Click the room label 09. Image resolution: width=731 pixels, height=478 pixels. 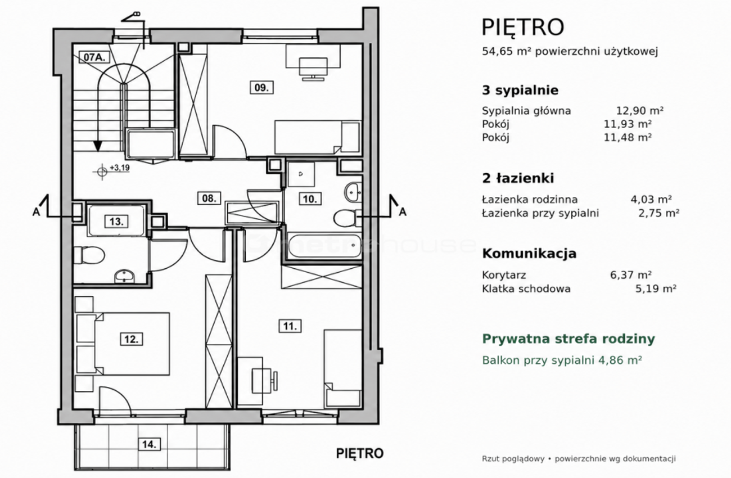[261, 87]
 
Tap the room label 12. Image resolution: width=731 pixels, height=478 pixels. [132, 339]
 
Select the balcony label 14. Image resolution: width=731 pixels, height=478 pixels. [149, 444]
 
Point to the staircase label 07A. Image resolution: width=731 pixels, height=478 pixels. [94, 57]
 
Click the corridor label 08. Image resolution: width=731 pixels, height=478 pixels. [209, 198]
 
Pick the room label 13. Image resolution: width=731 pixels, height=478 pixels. [116, 222]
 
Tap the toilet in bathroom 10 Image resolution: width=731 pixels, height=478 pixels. [347, 218]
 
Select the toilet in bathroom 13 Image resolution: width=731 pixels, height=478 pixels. [88, 255]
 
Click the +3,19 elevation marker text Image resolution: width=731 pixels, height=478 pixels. [120, 168]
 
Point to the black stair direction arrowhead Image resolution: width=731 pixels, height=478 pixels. [97, 146]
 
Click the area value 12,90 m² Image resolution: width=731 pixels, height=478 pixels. [640, 111]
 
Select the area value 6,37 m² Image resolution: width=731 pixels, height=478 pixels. [631, 275]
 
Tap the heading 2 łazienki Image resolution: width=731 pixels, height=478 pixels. [518, 178]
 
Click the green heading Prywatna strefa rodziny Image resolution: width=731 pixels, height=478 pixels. [568, 339]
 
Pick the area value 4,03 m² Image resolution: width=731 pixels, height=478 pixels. [651, 200]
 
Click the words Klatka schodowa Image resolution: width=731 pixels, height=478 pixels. [526, 288]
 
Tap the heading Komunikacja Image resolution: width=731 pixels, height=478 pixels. [529, 254]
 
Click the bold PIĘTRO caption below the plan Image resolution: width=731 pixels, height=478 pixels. [360, 453]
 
